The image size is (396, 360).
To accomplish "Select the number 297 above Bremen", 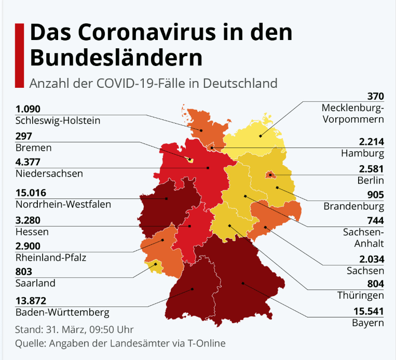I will pyautogui.click(x=24, y=136).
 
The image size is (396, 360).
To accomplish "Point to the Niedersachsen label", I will pyautogui.click(x=49, y=173).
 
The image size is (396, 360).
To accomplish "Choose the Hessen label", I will pyautogui.click(x=32, y=231).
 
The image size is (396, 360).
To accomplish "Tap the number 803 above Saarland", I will pyautogui.click(x=24, y=271).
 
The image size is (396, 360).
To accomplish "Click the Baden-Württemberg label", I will pyautogui.click(x=62, y=313).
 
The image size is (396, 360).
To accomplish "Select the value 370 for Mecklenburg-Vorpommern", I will pyautogui.click(x=375, y=96).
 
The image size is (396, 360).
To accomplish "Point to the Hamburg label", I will pyautogui.click(x=363, y=153).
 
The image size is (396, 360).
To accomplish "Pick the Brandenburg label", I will pyautogui.click(x=353, y=206).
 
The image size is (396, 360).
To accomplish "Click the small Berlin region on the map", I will pyautogui.click(x=270, y=175).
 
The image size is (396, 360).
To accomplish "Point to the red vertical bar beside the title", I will pyautogui.click(x=19, y=55).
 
